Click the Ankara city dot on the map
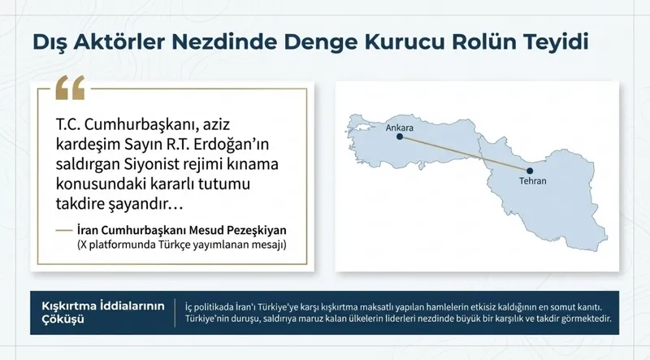[397, 137]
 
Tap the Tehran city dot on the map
[530, 171]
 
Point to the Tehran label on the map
[531, 182]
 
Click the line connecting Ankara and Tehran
[463, 154]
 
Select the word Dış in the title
[50, 41]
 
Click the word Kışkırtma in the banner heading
[71, 306]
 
